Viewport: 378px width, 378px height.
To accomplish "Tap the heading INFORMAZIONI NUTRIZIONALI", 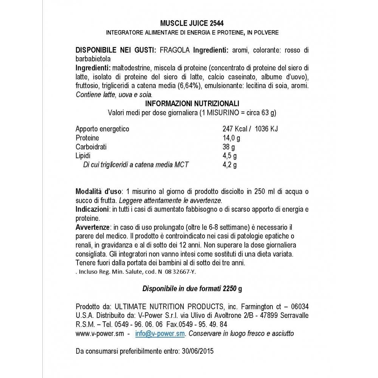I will (192, 104).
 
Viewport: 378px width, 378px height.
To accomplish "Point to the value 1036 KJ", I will (266, 129).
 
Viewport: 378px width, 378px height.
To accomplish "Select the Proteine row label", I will (87, 138).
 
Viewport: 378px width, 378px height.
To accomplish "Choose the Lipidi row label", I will (83, 156).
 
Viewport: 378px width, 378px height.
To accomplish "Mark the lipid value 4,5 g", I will (230, 156).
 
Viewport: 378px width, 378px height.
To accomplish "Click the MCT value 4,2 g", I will (230, 165).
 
